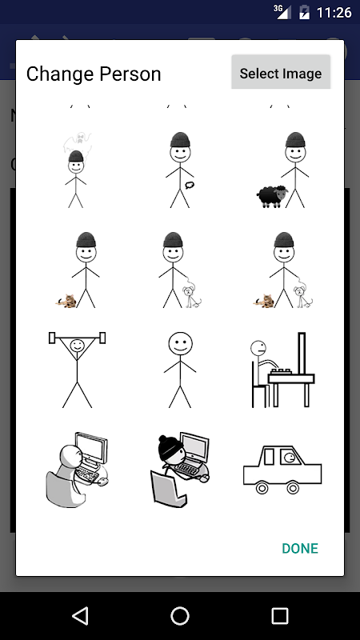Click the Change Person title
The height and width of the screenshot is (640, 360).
[94, 74]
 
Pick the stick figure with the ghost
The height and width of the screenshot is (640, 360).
[77, 170]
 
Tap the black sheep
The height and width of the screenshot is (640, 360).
[273, 196]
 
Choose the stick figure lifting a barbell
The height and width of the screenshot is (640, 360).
[77, 370]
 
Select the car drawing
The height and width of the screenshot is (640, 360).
[282, 470]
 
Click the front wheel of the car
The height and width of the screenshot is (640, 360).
[292, 487]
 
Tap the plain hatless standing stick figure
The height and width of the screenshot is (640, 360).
[180, 370]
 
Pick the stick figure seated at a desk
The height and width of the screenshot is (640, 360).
[282, 370]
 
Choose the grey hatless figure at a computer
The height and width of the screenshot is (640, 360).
[77, 470]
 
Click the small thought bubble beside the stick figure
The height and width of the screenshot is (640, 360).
[189, 185]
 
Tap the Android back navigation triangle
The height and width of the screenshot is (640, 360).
[80, 615]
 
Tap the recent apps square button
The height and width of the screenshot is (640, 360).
[280, 615]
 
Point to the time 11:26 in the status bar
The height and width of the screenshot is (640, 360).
[334, 13]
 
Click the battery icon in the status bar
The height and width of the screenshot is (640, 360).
[305, 12]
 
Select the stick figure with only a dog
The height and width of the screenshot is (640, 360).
[180, 270]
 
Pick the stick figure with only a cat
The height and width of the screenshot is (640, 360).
[77, 270]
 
